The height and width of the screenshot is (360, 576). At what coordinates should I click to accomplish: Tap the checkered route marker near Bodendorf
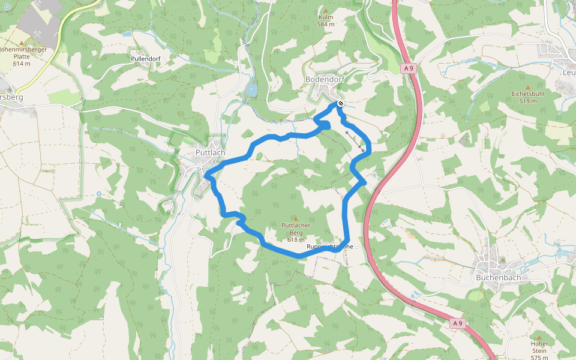(x=341, y=104)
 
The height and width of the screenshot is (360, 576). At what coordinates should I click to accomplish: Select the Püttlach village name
(x=210, y=152)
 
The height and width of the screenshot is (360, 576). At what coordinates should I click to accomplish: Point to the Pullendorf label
(x=146, y=59)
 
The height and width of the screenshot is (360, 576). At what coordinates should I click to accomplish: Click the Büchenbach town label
(x=497, y=278)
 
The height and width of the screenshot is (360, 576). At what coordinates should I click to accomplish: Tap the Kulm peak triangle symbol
(x=326, y=10)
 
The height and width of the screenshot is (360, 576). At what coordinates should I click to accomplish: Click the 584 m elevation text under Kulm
(x=326, y=25)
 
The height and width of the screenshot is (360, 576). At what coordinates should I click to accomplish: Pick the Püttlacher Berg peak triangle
(x=295, y=218)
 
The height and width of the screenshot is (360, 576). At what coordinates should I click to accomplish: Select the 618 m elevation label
(x=296, y=240)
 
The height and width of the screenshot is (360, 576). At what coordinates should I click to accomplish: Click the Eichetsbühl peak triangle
(x=527, y=87)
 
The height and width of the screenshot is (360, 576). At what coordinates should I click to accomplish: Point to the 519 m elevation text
(x=527, y=101)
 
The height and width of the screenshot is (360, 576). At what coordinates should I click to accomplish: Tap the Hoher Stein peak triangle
(x=539, y=337)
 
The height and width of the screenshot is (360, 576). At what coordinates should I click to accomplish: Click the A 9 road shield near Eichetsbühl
(x=409, y=69)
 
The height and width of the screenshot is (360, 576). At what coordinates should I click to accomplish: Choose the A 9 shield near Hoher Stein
(x=458, y=323)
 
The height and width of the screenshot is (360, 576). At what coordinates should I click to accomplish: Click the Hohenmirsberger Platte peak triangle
(x=21, y=43)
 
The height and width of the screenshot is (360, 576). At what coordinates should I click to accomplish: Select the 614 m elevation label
(x=21, y=64)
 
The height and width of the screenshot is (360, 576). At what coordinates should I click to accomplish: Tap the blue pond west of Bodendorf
(x=251, y=91)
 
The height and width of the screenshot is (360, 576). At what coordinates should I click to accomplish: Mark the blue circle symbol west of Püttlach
(x=99, y=194)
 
